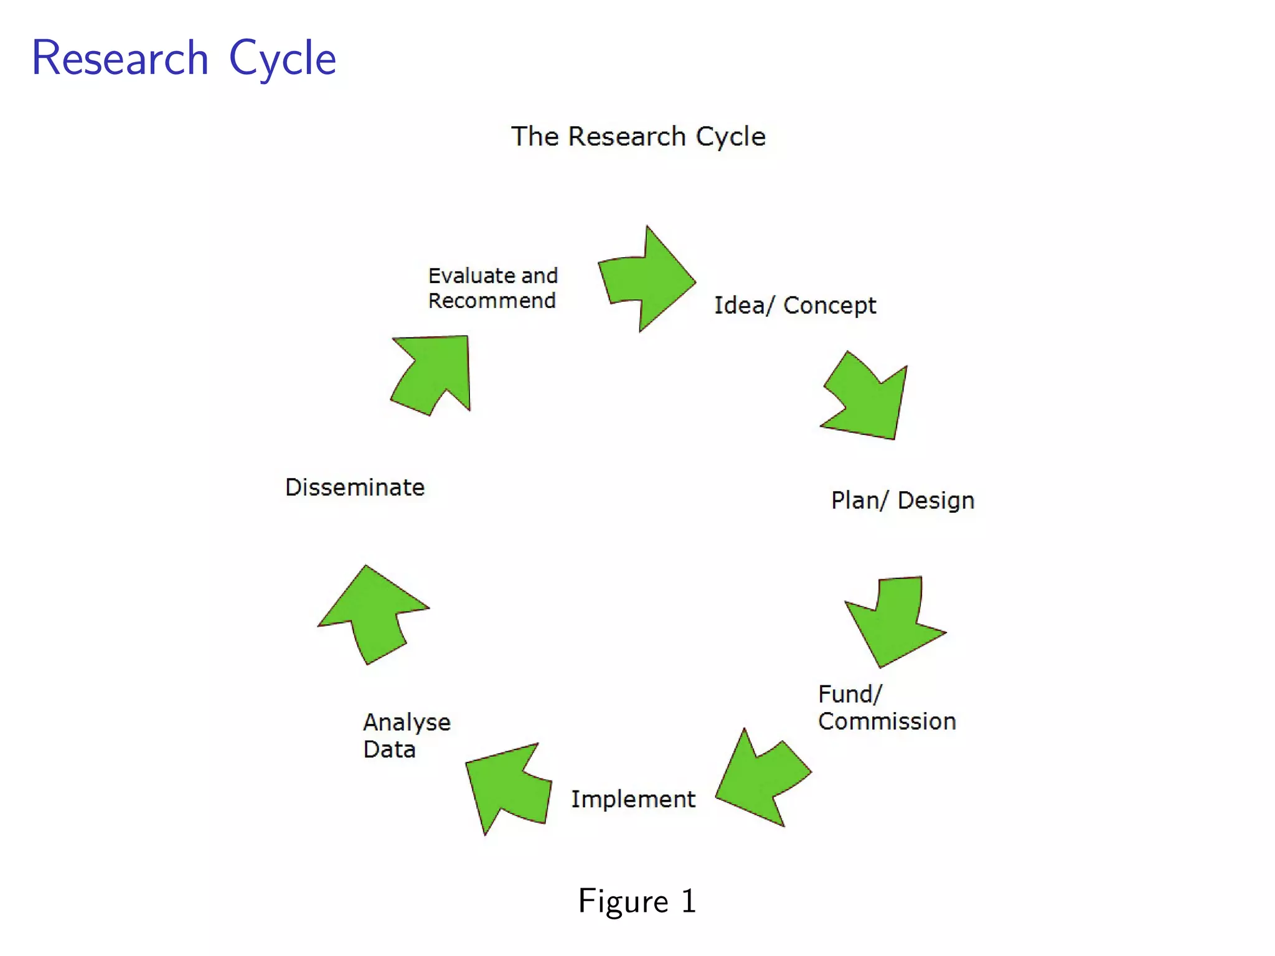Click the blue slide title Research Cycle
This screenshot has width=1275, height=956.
point(184,59)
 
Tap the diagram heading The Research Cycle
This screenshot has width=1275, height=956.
point(638,136)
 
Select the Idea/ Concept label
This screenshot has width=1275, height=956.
point(795,306)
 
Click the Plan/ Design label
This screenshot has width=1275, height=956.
point(902,500)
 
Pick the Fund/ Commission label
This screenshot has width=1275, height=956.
point(886,708)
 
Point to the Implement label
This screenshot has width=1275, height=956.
point(633,799)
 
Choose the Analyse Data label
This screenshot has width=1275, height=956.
point(406,736)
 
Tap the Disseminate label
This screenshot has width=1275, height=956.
point(355,487)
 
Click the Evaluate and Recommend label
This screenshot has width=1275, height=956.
point(492,288)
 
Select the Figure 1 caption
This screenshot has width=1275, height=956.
point(637,901)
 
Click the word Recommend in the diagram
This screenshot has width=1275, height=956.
point(492,301)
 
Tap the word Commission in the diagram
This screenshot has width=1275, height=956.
point(887,722)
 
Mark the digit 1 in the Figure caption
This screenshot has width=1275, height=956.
point(688,901)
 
